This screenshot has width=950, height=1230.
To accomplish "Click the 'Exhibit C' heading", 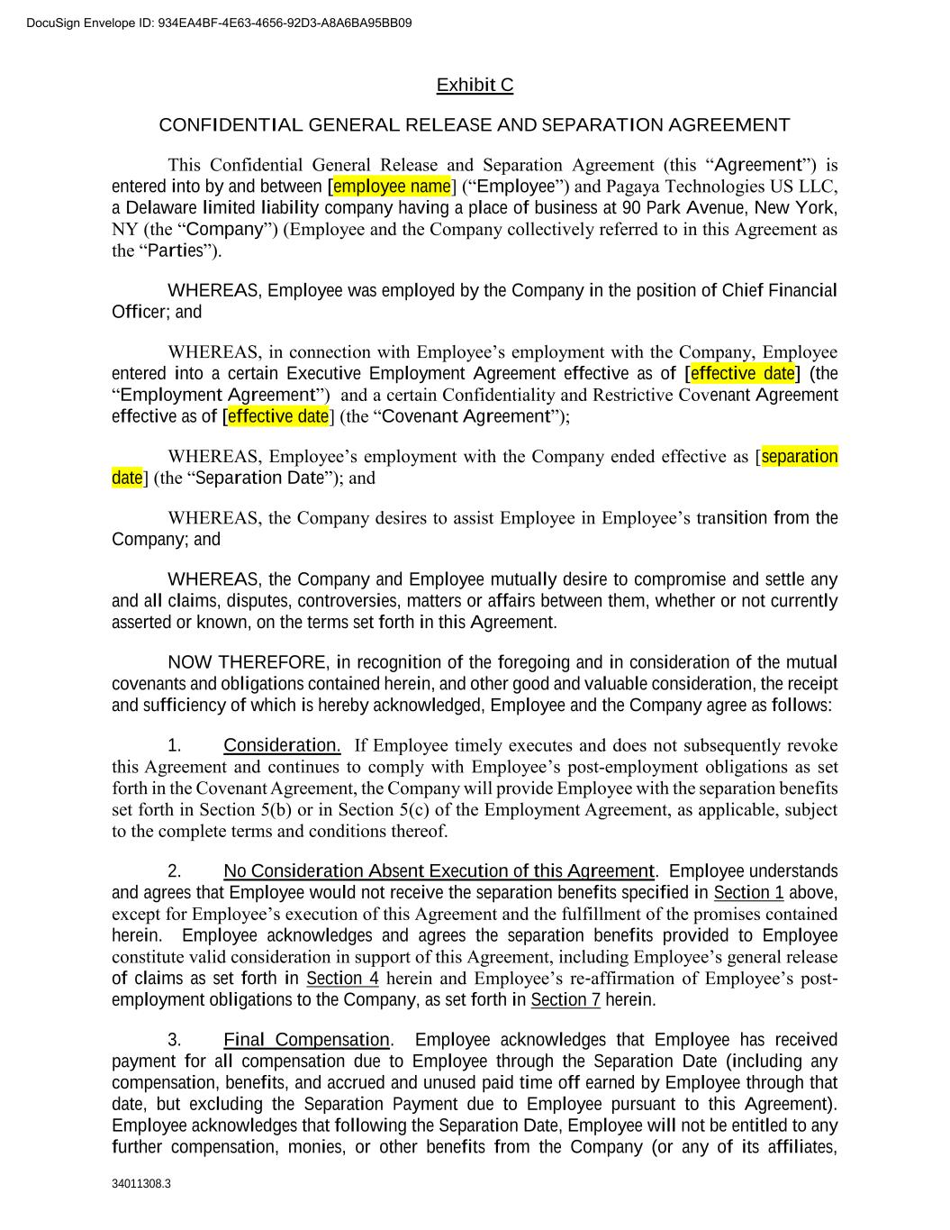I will [475, 86].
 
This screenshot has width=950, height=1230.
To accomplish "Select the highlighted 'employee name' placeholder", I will [392, 187].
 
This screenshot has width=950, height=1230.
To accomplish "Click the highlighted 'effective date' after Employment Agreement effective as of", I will [743, 373].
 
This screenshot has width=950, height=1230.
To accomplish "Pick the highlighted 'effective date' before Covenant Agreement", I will [278, 416].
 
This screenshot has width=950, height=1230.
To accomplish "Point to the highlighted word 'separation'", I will [800, 456].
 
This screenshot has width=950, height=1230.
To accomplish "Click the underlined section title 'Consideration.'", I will [282, 745].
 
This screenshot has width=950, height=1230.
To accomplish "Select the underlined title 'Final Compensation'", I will [306, 1040].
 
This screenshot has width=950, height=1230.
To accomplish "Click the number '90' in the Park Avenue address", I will [631, 208].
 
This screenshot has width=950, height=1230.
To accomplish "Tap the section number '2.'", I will [175, 871].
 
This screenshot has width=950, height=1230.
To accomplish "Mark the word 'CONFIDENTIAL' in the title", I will [230, 125].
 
